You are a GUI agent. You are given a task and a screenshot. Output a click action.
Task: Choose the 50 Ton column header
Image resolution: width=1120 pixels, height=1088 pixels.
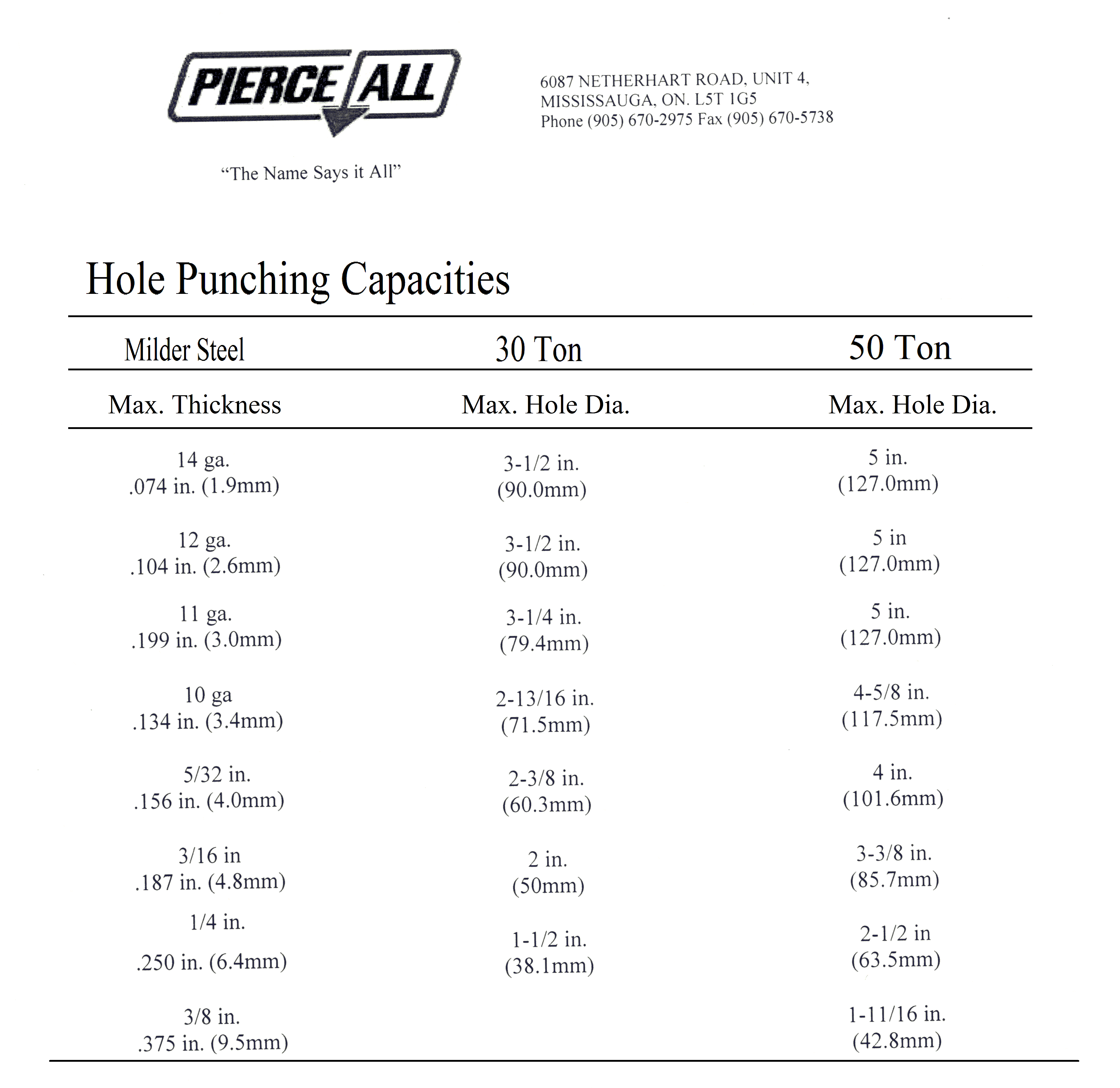tap(900, 347)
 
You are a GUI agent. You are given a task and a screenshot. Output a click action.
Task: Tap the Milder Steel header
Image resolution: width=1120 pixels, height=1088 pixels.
tap(184, 350)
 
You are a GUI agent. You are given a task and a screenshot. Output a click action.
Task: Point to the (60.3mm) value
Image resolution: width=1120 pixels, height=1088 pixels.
tap(547, 805)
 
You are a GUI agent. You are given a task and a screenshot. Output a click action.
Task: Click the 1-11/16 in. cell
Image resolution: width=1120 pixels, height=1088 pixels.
tap(896, 1014)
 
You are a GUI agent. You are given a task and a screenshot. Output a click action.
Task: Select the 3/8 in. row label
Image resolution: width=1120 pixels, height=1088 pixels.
tap(212, 1016)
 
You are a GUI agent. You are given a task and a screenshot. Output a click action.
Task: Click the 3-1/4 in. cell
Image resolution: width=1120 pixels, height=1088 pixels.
tap(543, 617)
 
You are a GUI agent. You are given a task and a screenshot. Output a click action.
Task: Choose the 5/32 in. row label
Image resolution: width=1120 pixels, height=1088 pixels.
tap(217, 774)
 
